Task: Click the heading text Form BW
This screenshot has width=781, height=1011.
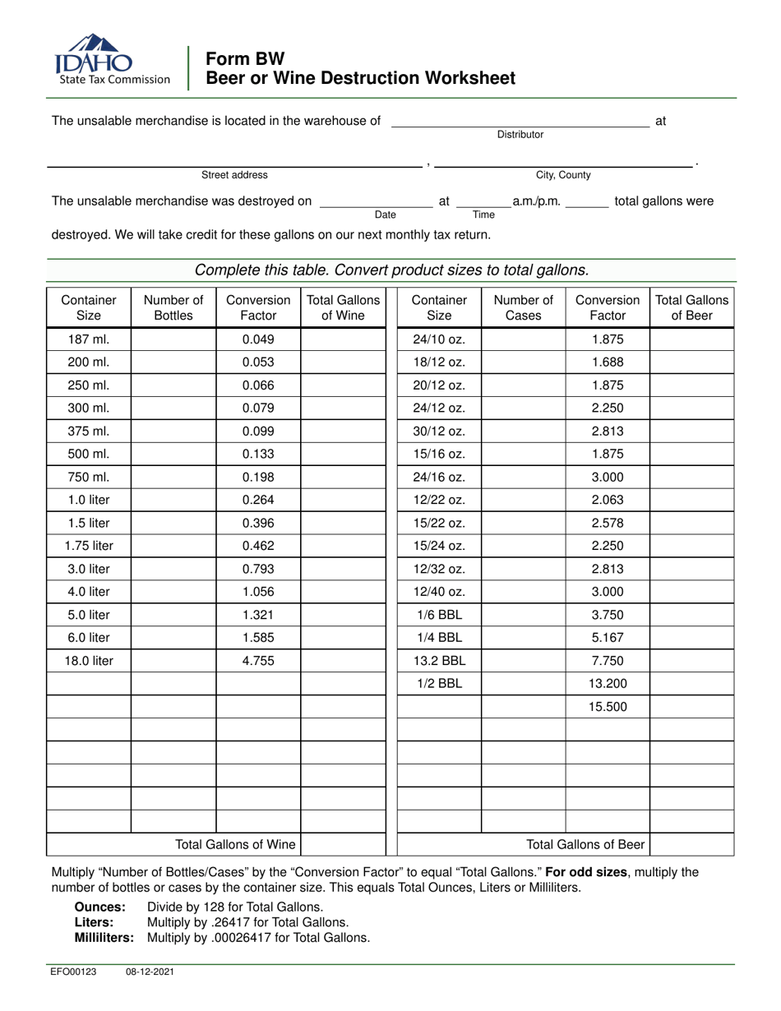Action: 245,59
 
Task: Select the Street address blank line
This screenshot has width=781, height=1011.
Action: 234,165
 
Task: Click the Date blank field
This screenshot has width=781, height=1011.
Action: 376,205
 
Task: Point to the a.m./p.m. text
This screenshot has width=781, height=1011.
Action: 536,201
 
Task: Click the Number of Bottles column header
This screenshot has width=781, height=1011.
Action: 173,307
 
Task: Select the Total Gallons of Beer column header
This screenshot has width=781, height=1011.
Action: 691,307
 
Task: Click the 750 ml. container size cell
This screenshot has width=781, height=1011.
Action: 89,477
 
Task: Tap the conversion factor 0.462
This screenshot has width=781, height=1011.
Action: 258,546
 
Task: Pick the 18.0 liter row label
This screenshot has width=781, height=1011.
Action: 89,660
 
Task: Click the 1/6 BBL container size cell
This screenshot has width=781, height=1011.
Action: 439,615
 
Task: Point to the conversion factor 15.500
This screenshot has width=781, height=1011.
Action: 608,706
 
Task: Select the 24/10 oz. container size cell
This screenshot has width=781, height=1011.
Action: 439,339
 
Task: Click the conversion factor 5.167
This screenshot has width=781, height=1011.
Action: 608,637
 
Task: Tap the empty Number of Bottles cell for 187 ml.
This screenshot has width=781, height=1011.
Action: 173,339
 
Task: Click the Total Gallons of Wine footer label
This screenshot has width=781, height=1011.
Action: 235,844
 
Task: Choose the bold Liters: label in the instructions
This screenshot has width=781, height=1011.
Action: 95,922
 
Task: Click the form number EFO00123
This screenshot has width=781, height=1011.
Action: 74,971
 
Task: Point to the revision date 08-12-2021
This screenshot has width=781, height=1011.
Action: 150,971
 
